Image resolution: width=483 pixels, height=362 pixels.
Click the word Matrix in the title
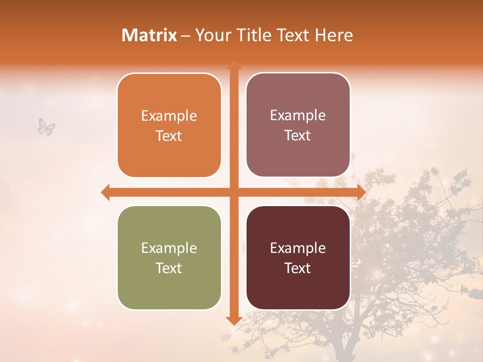pos(149,35)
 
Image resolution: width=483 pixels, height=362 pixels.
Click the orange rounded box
pos(169,156)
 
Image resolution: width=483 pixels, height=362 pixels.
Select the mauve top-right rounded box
pos(298,156)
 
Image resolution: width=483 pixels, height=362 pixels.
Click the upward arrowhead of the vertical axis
pos(233,65)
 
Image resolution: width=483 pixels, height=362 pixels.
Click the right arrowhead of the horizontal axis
pos(361,192)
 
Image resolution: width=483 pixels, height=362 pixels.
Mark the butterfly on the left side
pos(46,126)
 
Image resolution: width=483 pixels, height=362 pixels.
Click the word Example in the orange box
pos(169,116)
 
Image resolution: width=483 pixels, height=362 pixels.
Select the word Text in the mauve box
pos(298,135)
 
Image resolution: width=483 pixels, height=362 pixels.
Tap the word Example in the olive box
pos(169,248)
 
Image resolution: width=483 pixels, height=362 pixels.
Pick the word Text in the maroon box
pos(298,268)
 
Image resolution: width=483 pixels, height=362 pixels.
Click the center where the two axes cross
pos(233,192)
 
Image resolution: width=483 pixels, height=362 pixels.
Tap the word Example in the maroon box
pos(298,248)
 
